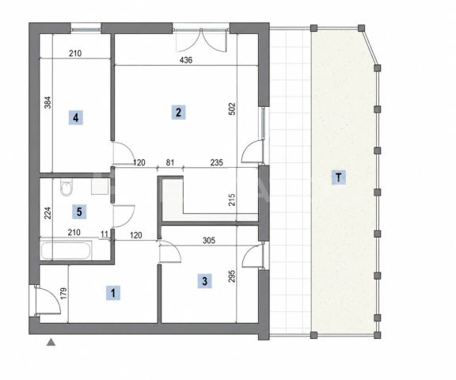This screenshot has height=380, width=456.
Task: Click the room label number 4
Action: tap(76, 118)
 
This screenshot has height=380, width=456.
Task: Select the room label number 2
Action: tap(178, 112)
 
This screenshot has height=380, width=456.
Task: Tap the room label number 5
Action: tap(79, 211)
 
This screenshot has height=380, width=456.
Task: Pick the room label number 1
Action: tap(113, 292)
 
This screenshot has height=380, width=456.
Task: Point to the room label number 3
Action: tap(205, 281)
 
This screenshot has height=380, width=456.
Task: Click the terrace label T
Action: tap(339, 177)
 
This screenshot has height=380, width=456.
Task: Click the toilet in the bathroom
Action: tap(66, 188)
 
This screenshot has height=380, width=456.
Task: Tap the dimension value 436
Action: tap(186, 60)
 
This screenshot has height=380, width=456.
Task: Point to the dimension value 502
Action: tap(232, 108)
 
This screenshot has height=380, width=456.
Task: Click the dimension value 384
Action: tap(47, 102)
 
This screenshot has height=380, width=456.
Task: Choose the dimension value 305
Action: tap(209, 240)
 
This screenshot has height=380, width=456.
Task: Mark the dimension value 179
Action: tap(64, 294)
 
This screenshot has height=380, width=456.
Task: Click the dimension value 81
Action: tap(170, 162)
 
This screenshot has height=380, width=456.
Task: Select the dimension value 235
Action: tap(216, 162)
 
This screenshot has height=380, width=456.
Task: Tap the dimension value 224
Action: tap(47, 212)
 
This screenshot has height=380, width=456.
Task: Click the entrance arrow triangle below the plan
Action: tap(51, 342)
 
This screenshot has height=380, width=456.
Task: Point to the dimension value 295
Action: tap(232, 276)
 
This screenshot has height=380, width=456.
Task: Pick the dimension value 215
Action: tap(232, 199)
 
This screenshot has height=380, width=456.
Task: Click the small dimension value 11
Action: tap(104, 234)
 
